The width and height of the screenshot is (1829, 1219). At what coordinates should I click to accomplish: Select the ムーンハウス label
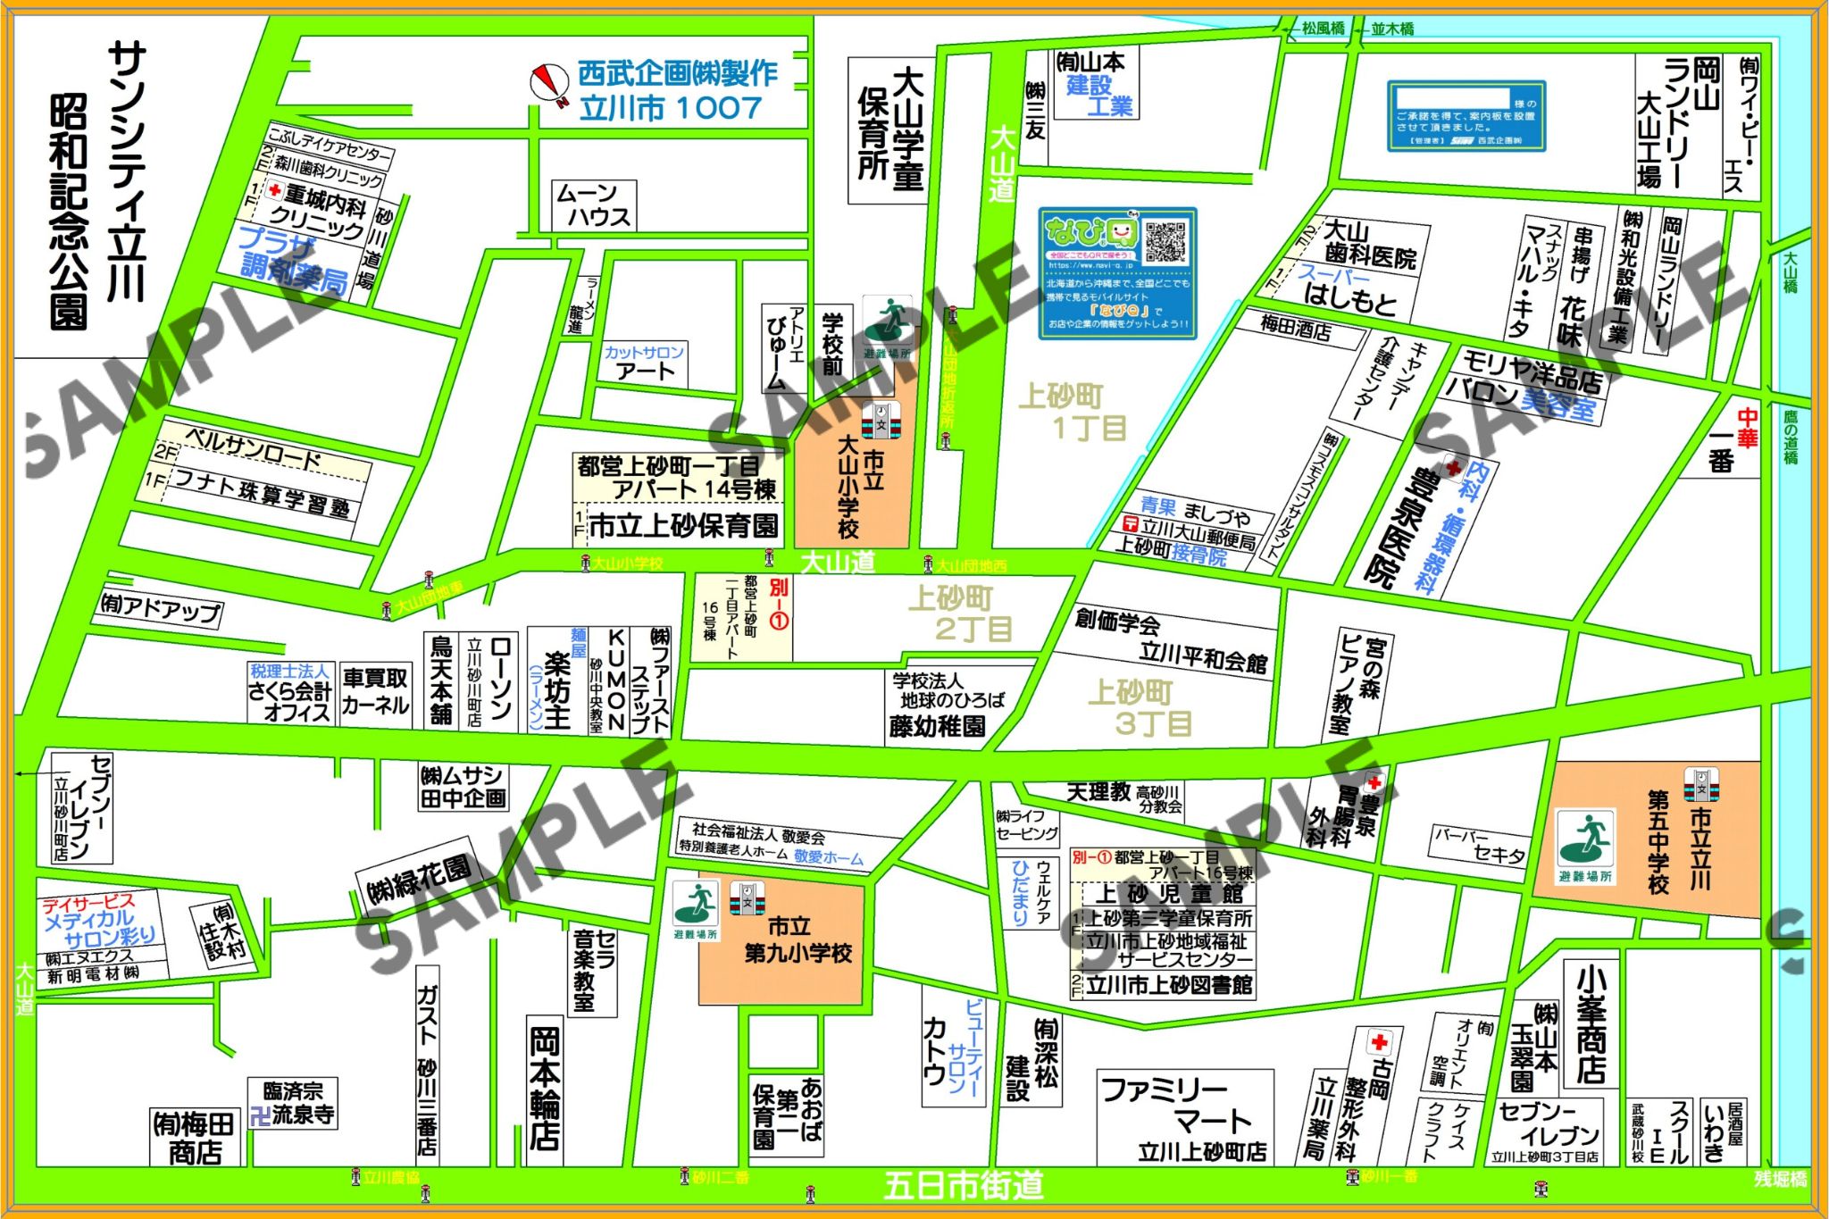(x=594, y=205)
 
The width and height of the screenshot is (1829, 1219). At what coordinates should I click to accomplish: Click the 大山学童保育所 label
(x=890, y=130)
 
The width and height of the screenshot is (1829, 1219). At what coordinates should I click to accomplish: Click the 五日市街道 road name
(x=965, y=1184)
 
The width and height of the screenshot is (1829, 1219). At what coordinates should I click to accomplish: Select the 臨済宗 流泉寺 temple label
(x=293, y=1103)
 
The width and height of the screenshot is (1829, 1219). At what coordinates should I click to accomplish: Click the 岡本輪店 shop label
(x=544, y=1089)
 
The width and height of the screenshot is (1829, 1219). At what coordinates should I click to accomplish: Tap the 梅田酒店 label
(x=1297, y=329)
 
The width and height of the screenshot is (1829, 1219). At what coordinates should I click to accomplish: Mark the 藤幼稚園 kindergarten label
(x=938, y=726)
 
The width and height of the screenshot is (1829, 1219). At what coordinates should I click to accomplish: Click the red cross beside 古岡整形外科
(x=1379, y=1042)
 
